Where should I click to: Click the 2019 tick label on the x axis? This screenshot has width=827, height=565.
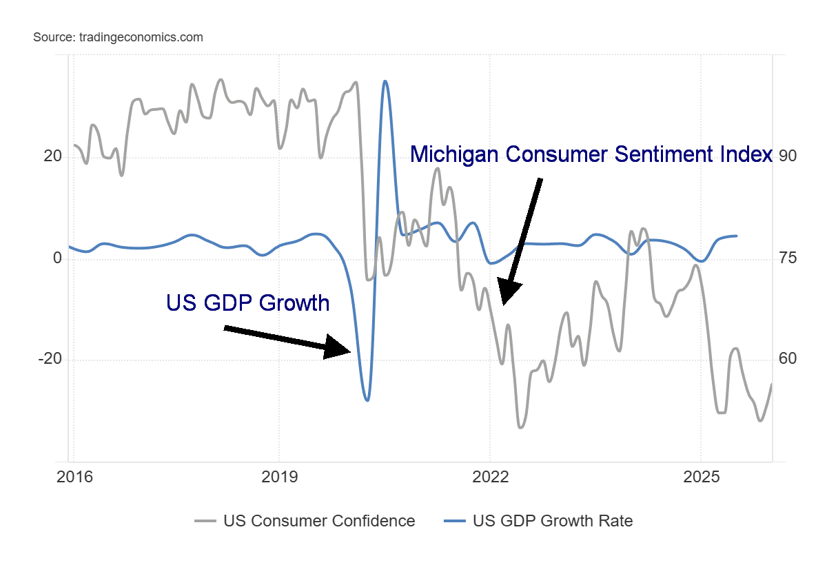[279, 477]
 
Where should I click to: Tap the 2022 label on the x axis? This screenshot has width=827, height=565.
[490, 477]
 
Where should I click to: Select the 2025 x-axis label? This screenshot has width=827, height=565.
[701, 477]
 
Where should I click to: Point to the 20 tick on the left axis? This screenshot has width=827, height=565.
[52, 157]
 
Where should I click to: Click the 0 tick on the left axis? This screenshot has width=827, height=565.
[58, 258]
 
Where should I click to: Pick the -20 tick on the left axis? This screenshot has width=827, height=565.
[50, 360]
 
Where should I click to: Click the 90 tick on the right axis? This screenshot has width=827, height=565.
[787, 157]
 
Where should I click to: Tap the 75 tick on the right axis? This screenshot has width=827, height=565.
[787, 258]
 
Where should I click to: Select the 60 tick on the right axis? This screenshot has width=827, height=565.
[787, 360]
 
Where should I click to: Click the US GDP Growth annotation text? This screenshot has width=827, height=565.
[248, 302]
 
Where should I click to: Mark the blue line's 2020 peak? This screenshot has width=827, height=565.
[385, 81]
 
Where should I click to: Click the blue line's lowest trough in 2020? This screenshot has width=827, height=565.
[367, 400]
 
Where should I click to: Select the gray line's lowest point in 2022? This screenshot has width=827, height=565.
[520, 427]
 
